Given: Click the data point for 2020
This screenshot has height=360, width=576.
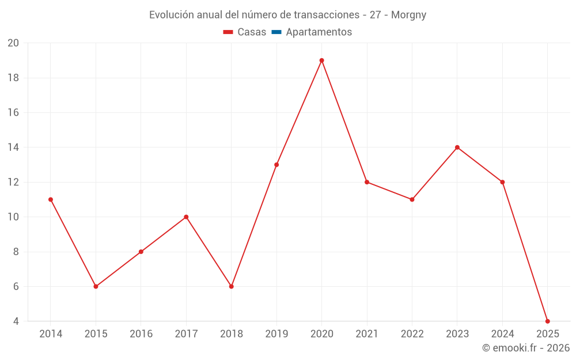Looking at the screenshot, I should pyautogui.click(x=321, y=60).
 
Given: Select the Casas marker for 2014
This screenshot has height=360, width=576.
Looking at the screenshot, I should pyautogui.click(x=51, y=200).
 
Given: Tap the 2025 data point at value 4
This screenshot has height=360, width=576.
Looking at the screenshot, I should pyautogui.click(x=547, y=321).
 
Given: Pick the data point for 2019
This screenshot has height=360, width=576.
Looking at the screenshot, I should pyautogui.click(x=276, y=165).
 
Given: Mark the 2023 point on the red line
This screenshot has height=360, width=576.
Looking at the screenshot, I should pyautogui.click(x=457, y=147).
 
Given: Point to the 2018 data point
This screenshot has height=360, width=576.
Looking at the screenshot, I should pyautogui.click(x=232, y=286).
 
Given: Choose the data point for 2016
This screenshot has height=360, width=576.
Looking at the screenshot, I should pyautogui.click(x=141, y=252).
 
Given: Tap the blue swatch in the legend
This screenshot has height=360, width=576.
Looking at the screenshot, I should pyautogui.click(x=276, y=32).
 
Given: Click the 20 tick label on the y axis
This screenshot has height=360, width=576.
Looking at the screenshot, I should pyautogui.click(x=13, y=43).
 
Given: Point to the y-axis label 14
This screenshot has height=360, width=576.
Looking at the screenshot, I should pyautogui.click(x=13, y=147).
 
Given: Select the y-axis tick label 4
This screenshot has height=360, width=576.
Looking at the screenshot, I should pyautogui.click(x=16, y=321).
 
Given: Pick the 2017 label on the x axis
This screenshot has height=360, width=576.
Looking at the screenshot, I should pyautogui.click(x=186, y=334).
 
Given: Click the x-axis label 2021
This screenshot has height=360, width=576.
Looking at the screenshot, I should pyautogui.click(x=367, y=334).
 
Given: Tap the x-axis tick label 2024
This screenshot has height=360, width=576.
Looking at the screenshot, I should pyautogui.click(x=502, y=334).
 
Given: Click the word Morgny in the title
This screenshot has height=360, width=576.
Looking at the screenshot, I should pyautogui.click(x=409, y=15).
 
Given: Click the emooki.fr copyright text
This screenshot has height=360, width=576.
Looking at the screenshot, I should pyautogui.click(x=526, y=348).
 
